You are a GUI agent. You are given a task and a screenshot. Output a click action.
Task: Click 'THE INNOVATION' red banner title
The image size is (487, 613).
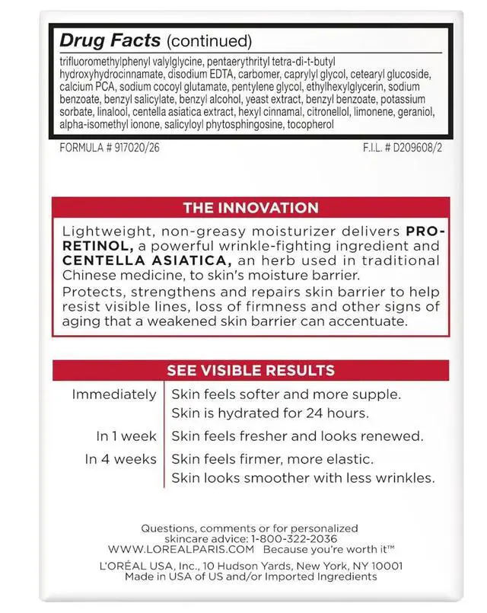(250, 208)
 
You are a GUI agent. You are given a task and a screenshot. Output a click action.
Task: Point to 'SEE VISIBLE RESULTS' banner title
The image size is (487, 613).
(250, 371)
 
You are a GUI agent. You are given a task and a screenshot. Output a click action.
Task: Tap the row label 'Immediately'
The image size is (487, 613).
(114, 394)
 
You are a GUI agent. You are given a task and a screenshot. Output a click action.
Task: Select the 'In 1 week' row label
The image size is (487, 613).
(126, 436)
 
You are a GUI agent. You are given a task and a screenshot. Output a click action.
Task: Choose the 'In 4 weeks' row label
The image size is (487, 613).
(121, 459)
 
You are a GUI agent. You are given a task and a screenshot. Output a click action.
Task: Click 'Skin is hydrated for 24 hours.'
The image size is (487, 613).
(269, 413)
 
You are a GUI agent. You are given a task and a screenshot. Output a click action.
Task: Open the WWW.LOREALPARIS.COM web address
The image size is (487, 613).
(180, 549)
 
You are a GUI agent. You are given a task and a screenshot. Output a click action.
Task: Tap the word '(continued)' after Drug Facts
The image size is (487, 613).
(208, 40)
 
